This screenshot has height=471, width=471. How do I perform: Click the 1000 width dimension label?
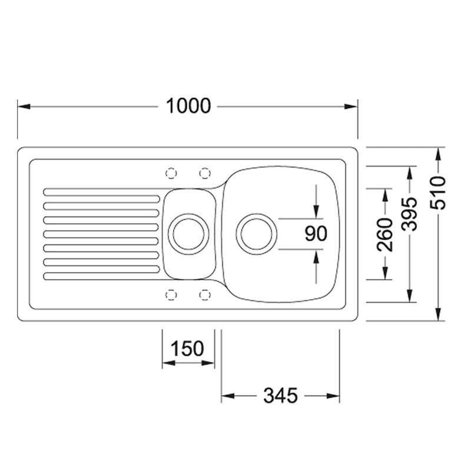click(x=188, y=106)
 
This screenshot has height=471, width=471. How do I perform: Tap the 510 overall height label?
click(x=438, y=193)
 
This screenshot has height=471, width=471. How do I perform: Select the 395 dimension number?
click(x=410, y=214)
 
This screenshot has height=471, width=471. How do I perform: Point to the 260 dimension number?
click(x=385, y=235)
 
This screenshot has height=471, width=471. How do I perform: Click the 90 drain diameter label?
click(x=316, y=233)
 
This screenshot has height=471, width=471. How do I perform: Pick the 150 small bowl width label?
click(x=187, y=349)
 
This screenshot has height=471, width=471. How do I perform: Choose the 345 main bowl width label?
click(x=280, y=395)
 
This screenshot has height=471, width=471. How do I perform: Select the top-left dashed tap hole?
click(x=171, y=173)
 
